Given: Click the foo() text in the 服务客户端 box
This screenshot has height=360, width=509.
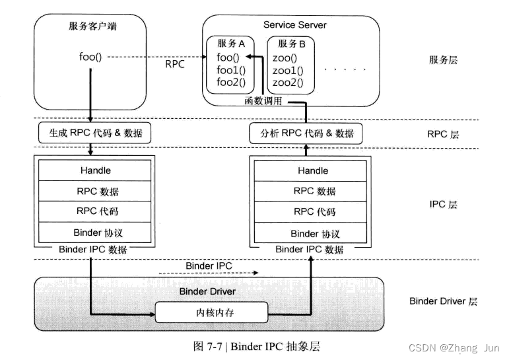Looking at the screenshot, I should click(90, 57).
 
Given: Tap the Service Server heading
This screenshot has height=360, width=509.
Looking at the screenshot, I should click(294, 25).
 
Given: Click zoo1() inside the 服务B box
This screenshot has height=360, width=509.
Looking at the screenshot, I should click(288, 70).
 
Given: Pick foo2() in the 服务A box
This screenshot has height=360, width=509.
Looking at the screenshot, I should click(230, 83).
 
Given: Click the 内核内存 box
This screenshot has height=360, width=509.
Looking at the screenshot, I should click(213, 312).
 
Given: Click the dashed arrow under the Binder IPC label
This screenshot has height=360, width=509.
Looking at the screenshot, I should click(207, 272).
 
